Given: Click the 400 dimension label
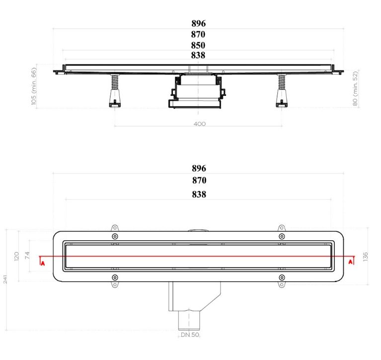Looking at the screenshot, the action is [x=200, y=124].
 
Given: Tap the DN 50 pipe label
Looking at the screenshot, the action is [x=190, y=335].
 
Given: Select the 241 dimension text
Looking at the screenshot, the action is [x=5, y=280].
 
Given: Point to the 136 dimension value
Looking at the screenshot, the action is [x=366, y=257].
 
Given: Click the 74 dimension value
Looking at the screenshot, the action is [x=27, y=255].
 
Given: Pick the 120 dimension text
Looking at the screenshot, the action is [x=16, y=256].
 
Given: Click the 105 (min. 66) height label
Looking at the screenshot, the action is [x=34, y=86].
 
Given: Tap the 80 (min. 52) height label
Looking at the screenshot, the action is [x=355, y=88].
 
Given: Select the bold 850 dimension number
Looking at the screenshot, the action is [x=198, y=45].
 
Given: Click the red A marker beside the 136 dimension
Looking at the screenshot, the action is [x=350, y=262].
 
